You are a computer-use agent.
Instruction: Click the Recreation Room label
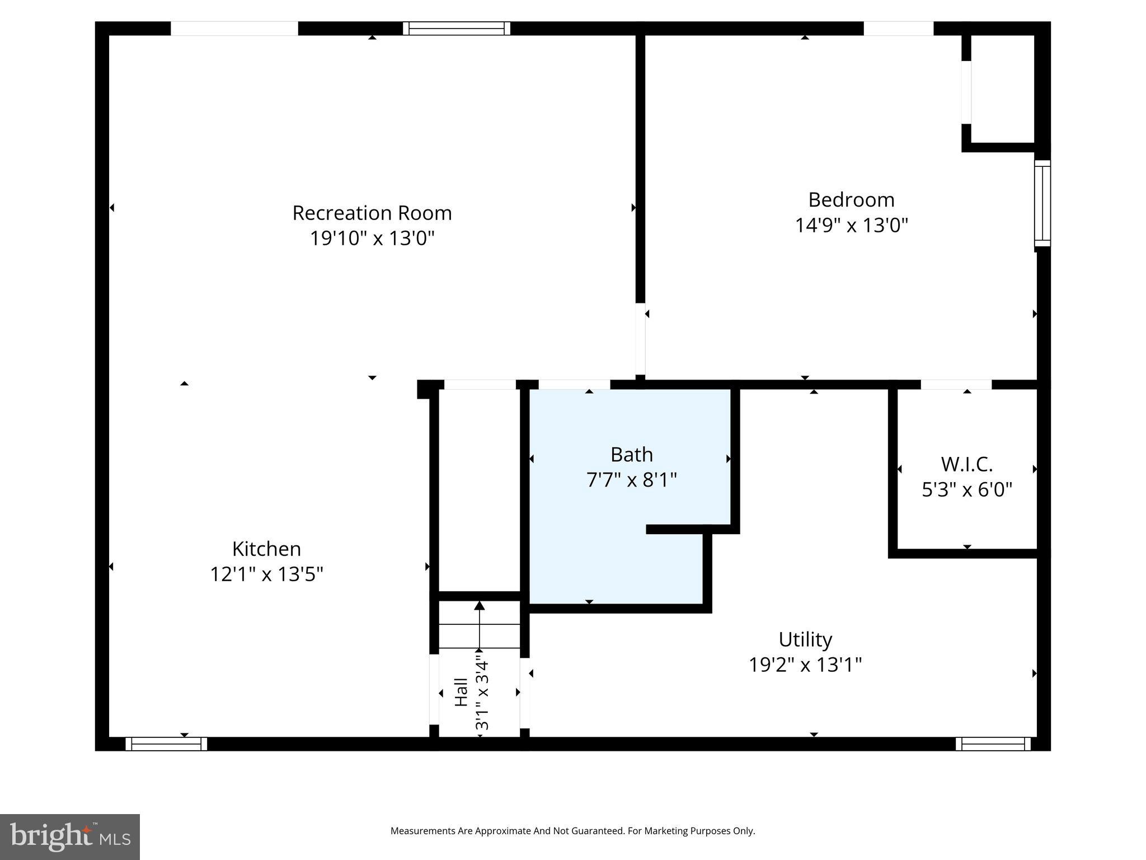372,213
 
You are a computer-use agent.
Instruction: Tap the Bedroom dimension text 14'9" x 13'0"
851,226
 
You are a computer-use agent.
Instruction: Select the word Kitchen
266,549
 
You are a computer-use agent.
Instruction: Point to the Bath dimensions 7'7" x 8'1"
631,480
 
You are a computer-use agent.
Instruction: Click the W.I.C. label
966,464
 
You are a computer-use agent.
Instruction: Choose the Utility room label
805,639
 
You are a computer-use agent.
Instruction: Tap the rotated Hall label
461,692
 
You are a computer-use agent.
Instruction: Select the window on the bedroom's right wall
1042,203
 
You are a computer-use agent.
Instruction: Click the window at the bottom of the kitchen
166,744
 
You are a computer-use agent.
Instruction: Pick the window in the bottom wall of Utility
993,744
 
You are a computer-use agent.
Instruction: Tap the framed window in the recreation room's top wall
457,28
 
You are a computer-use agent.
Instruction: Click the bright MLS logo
69,836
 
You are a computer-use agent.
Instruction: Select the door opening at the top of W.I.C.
956,385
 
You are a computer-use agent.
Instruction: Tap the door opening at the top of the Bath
574,385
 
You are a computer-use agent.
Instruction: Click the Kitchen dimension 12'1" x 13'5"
266,574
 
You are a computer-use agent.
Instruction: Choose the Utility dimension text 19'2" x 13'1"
805,665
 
